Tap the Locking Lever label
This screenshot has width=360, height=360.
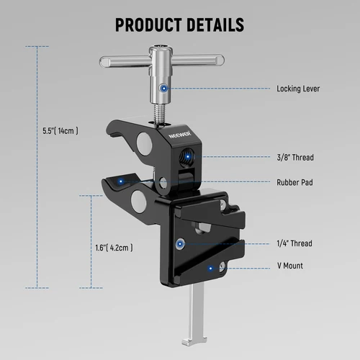point(297,89)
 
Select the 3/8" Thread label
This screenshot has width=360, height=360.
point(294,157)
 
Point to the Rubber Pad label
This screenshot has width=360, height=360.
point(294,182)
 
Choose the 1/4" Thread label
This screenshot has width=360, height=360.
point(294,243)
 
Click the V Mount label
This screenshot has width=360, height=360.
point(289,266)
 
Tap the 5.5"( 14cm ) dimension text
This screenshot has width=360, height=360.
point(60,131)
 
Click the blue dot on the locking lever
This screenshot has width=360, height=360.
point(164,89)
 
